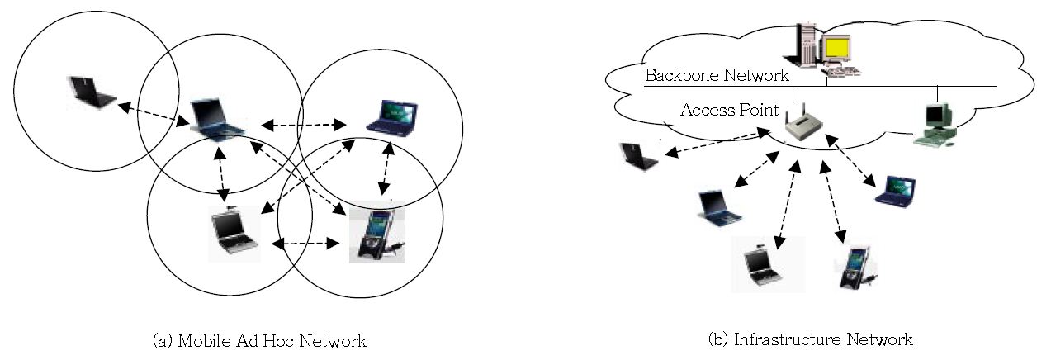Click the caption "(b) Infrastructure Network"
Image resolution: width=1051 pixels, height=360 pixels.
pos(810,339)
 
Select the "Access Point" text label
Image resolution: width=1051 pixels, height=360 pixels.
pos(729,110)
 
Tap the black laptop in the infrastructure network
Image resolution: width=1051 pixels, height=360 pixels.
pos(639,156)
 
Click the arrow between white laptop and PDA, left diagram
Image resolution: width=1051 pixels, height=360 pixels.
pos(305,244)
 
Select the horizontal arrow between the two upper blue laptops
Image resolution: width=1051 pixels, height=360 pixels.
pos(304,126)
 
